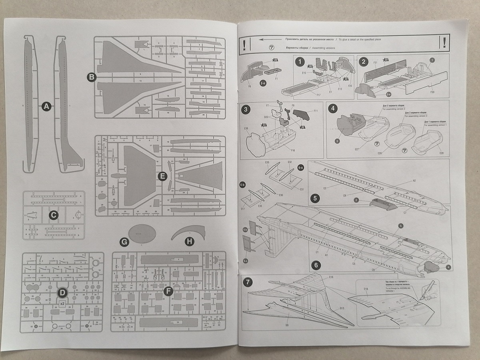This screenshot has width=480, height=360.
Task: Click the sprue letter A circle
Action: [x=47, y=106]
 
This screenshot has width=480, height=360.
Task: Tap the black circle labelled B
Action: [x=91, y=77]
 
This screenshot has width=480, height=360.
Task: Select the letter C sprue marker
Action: [x=53, y=215]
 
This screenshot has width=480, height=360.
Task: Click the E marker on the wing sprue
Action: [x=162, y=176]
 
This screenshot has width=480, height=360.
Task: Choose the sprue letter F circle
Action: [x=168, y=291]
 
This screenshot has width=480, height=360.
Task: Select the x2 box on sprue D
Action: [x=62, y=304]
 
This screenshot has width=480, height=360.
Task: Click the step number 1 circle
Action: [x=299, y=62]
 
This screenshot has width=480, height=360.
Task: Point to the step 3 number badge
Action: [x=246, y=110]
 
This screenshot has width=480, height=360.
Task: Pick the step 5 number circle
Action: [x=315, y=198]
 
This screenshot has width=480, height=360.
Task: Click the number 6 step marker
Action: [x=315, y=265]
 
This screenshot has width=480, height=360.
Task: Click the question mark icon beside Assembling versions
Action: [x=272, y=47]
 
